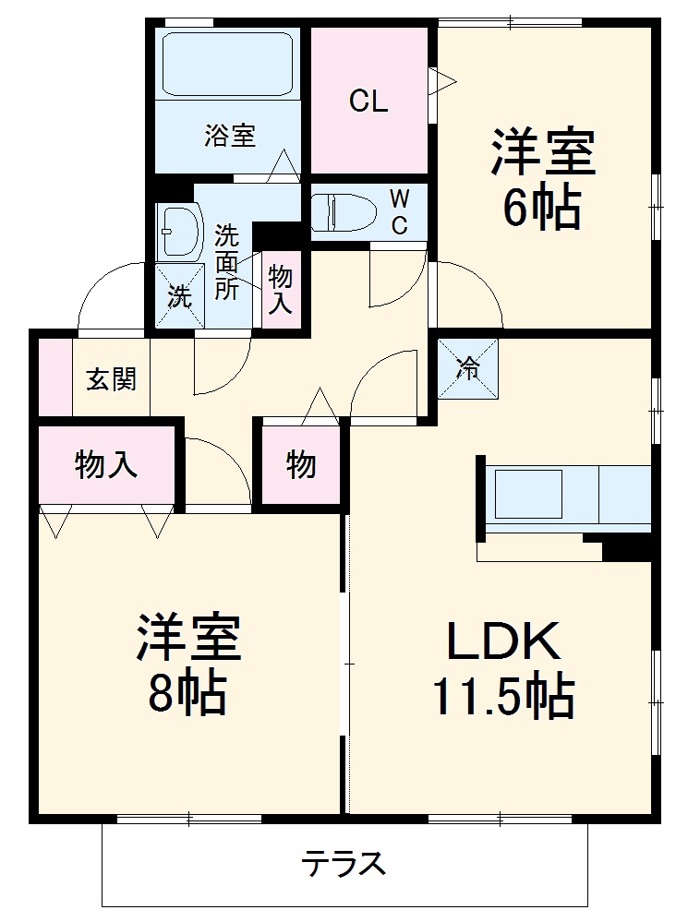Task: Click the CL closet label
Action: click(x=368, y=102)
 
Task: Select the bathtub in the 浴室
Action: click(x=228, y=63)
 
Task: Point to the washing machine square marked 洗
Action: click(x=179, y=296)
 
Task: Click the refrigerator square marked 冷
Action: click(x=467, y=368)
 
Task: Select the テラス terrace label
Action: click(x=344, y=865)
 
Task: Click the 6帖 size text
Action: click(x=541, y=209)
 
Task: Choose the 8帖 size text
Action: click(x=187, y=695)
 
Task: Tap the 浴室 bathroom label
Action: click(x=230, y=137)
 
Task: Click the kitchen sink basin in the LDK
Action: click(x=528, y=494)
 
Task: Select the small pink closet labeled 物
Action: click(x=301, y=464)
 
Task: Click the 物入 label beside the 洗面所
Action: click(x=280, y=288)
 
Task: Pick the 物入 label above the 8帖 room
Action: click(x=106, y=464)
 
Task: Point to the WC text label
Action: click(x=399, y=212)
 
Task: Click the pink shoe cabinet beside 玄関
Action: click(x=54, y=377)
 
